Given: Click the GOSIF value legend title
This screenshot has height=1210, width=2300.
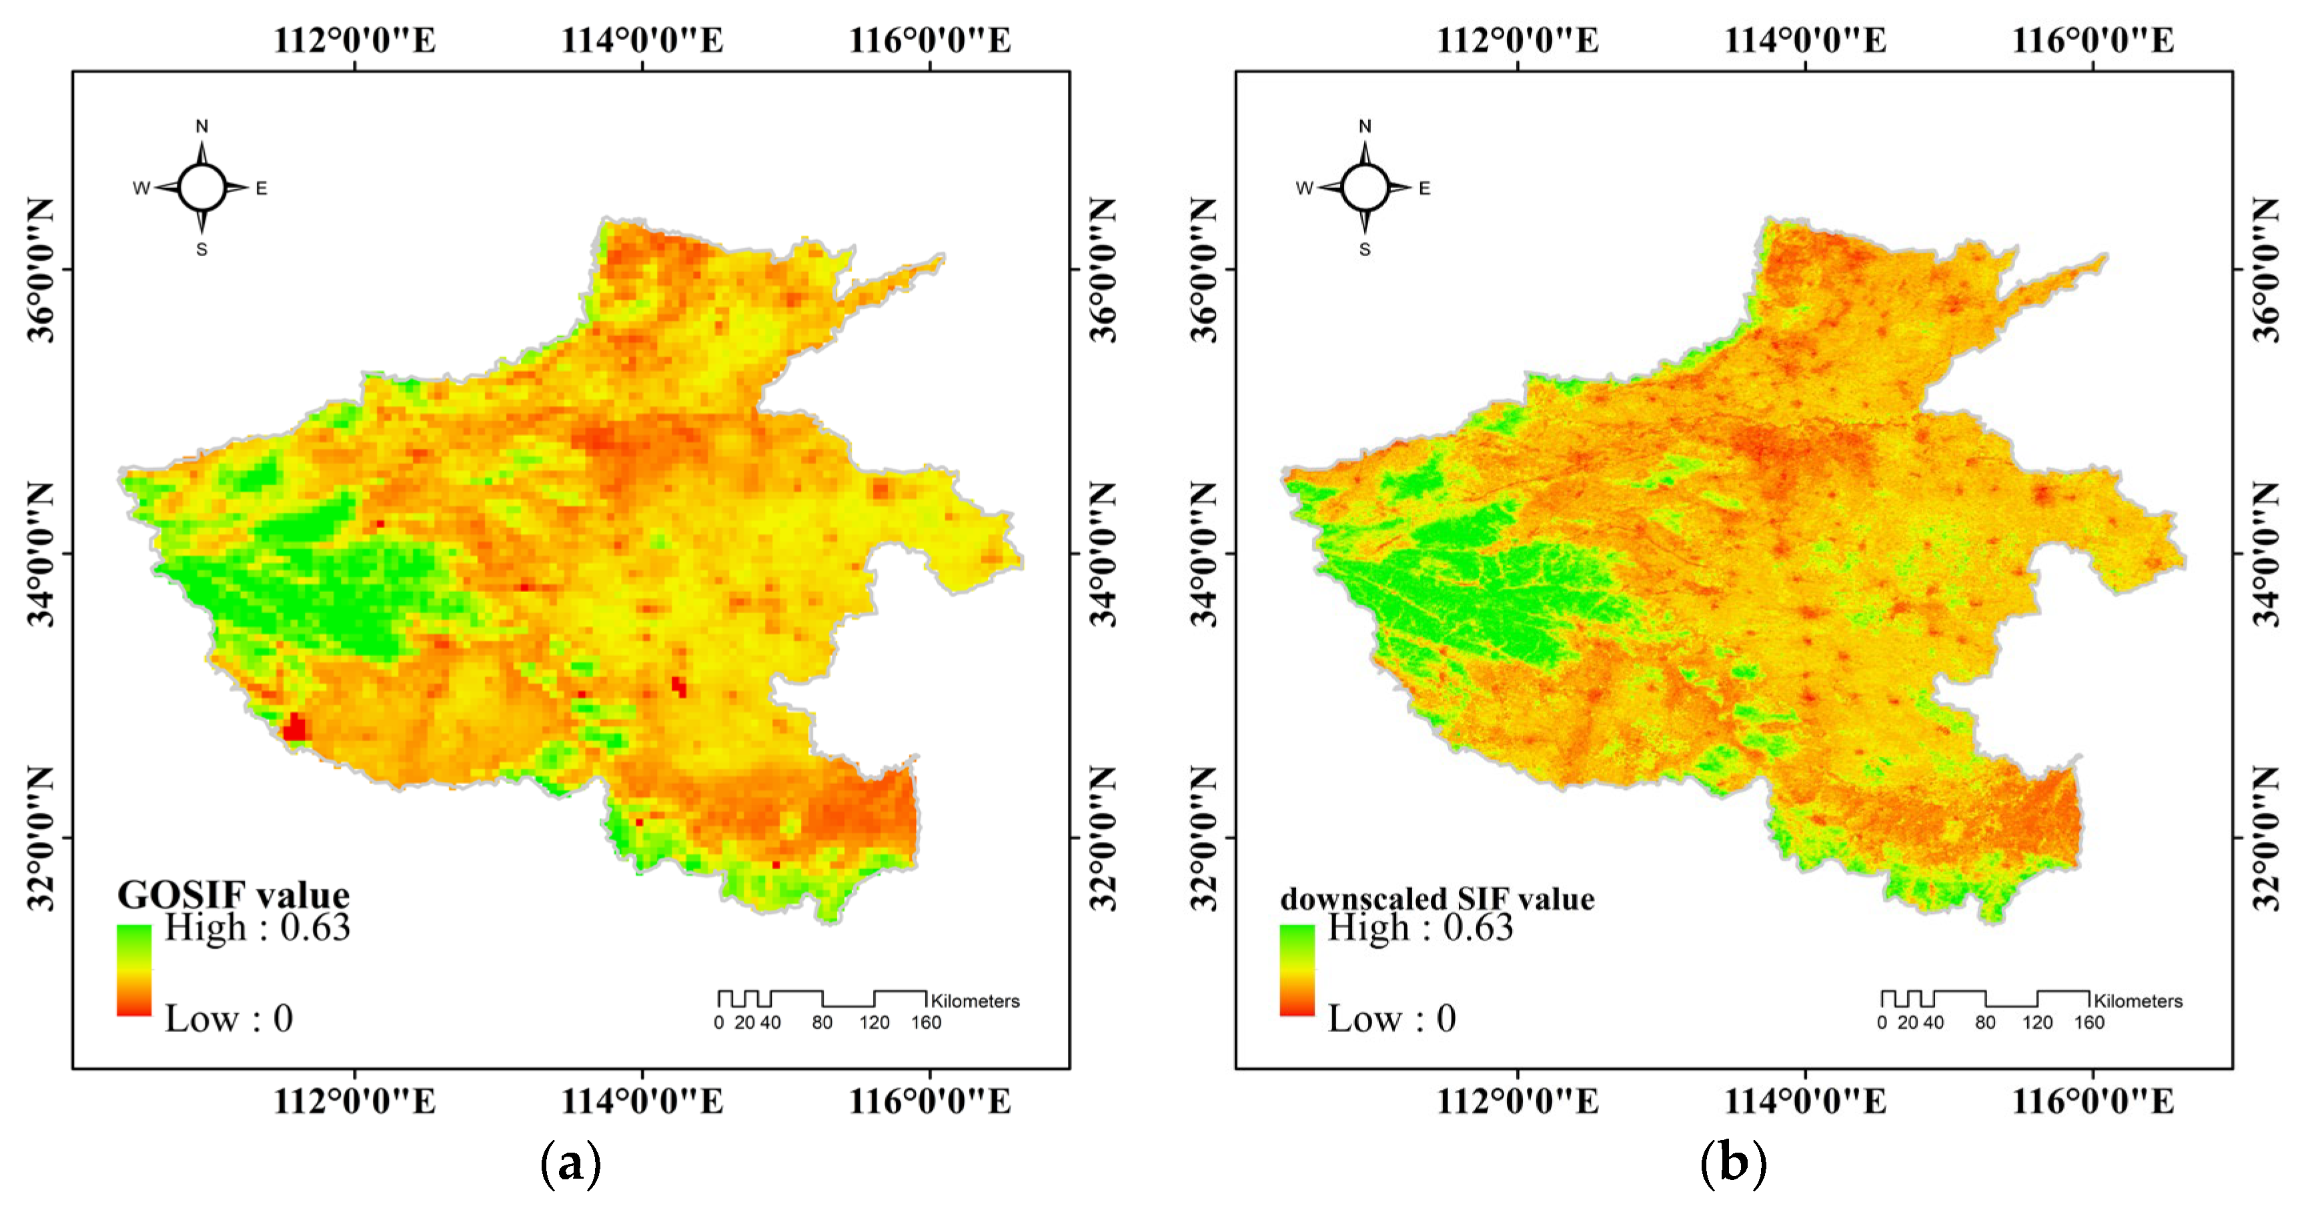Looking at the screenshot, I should coord(233,894).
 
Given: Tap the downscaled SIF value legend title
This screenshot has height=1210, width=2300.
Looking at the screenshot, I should coord(1437,899).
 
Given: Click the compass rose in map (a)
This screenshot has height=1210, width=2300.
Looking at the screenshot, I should coord(202,188).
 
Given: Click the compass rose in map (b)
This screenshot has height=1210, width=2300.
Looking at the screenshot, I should coord(1364,188).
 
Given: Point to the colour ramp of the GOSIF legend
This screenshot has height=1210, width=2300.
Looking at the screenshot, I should coord(134,970).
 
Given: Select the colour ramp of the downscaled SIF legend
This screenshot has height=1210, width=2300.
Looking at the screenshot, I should coord(1297,970).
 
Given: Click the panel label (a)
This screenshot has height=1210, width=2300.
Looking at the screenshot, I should coord(570,1163).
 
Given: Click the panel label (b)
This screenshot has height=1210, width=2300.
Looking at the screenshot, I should coord(1733,1163).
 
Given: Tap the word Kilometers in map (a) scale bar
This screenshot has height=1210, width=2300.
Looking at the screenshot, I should coord(975,1001).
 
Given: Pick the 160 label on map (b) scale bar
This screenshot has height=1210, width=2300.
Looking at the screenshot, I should coord(2089,1023).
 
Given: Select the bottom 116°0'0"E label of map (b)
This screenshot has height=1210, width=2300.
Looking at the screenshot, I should coord(2092,1101).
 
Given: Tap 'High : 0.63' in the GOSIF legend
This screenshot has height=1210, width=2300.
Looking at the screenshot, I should coord(257,928).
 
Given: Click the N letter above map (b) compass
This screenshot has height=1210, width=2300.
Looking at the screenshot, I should coord(1364,127).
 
